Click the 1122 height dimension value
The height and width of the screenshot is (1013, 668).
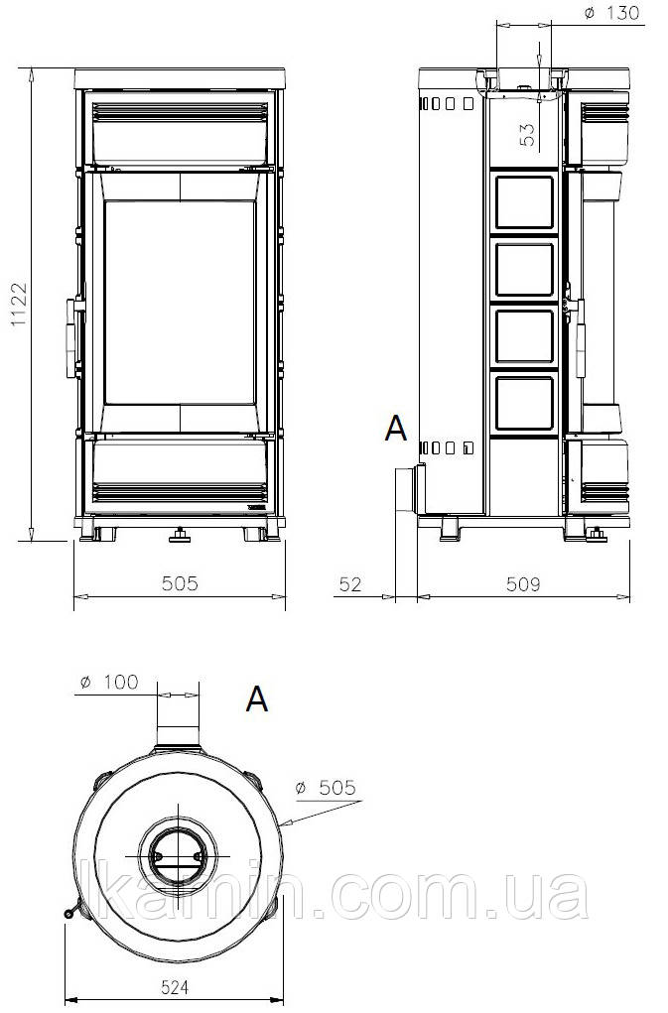[x=20, y=305]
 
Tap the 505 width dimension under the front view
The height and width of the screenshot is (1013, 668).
[x=180, y=583]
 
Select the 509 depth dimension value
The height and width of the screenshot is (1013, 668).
[x=523, y=584]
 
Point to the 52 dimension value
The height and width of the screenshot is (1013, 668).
[x=350, y=584]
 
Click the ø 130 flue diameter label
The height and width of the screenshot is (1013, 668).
[x=611, y=13]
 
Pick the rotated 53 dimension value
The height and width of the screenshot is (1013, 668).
[x=528, y=134]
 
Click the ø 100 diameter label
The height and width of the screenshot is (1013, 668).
[x=109, y=683]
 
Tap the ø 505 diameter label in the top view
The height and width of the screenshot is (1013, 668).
[x=325, y=788]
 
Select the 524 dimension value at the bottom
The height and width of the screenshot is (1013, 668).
[x=175, y=988]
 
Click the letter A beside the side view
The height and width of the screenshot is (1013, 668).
[x=396, y=429]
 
